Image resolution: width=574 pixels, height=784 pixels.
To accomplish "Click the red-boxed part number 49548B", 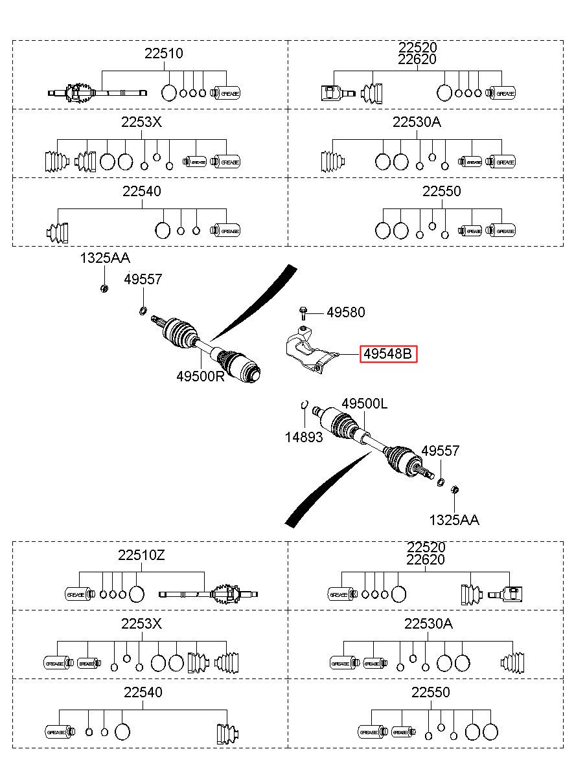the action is pyautogui.click(x=388, y=354).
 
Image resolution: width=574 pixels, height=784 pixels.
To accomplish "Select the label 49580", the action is pyautogui.click(x=346, y=312).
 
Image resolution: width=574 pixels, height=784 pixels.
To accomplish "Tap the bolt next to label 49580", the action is pyautogui.click(x=303, y=313).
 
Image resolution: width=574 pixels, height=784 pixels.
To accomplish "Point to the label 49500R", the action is pyautogui.click(x=200, y=377).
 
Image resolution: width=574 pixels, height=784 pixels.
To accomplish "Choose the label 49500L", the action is pyautogui.click(x=365, y=404).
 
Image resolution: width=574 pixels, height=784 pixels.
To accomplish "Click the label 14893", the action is pyautogui.click(x=304, y=437).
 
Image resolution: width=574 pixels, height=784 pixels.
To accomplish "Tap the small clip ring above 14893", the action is pyautogui.click(x=304, y=404).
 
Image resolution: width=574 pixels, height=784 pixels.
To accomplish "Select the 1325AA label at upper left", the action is pyautogui.click(x=105, y=258).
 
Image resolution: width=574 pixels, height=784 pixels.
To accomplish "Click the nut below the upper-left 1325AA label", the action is pyautogui.click(x=104, y=289).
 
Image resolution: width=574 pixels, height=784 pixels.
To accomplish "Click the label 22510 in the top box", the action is pyautogui.click(x=164, y=53).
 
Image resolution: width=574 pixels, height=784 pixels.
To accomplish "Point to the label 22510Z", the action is pyautogui.click(x=141, y=555).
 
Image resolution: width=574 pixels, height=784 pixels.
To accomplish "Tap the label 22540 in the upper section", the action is pyautogui.click(x=141, y=191).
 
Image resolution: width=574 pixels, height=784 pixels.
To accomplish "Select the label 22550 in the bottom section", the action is pyautogui.click(x=430, y=692).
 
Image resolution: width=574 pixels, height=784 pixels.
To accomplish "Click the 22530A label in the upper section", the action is pyautogui.click(x=417, y=122).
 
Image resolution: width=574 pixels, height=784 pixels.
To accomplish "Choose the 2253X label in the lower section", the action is pyautogui.click(x=141, y=623).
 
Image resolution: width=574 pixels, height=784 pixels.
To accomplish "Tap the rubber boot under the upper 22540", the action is pyautogui.click(x=58, y=232).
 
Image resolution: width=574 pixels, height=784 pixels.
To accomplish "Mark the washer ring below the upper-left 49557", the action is pyautogui.click(x=143, y=310).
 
